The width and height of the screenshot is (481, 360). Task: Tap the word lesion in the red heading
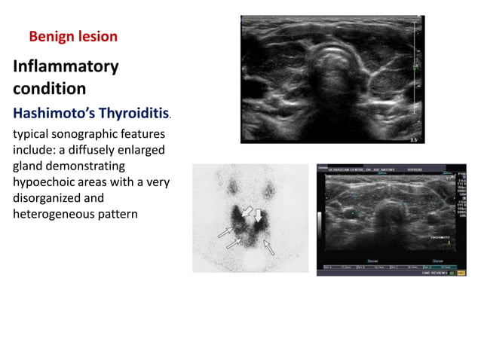pos(97,36)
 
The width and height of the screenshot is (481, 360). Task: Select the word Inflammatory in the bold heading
pos(66,67)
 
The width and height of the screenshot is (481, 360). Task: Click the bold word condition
pos(49,89)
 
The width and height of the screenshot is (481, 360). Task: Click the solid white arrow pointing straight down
pos(258,216)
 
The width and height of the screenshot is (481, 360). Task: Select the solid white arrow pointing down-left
pos(246,213)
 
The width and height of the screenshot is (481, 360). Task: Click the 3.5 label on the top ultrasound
pos(412,139)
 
